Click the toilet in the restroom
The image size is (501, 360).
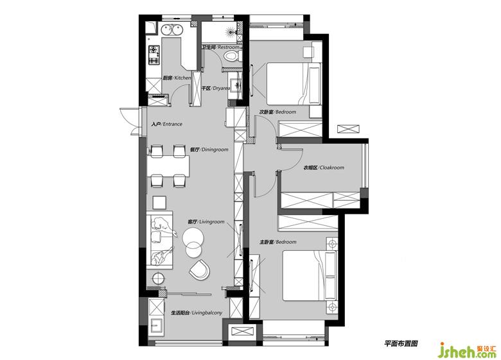231,57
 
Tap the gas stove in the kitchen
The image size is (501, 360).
154,55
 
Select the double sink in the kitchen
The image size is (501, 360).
171,30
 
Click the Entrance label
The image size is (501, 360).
166,124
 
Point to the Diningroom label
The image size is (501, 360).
209,150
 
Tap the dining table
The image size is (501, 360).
168,166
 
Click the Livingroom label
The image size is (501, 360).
206,221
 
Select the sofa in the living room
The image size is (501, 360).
159,240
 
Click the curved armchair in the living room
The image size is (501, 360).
199,270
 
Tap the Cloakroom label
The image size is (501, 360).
324,167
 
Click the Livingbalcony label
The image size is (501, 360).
197,313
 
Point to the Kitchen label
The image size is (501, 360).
177,78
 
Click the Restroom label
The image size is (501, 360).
221,47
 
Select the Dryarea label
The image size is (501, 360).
216,88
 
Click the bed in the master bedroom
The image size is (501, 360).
310,275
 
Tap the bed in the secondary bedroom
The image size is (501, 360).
294,83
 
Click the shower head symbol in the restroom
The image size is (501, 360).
231,31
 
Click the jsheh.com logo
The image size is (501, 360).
468,350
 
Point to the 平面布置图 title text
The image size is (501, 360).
401,343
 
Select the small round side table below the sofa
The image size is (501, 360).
158,279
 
